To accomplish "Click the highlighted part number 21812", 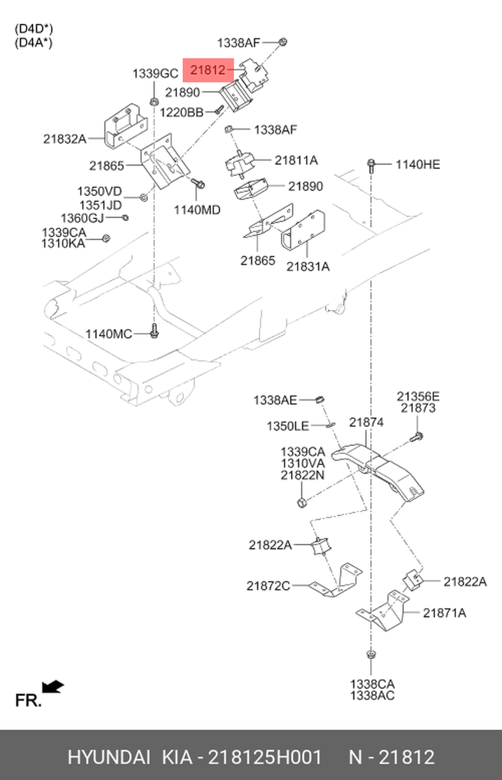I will pyautogui.click(x=208, y=70).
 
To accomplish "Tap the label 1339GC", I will pyautogui.click(x=155, y=74).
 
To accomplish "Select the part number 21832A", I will pyautogui.click(x=65, y=139).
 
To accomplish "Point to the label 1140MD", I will pyautogui.click(x=197, y=210).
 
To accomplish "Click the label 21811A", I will pyautogui.click(x=296, y=160).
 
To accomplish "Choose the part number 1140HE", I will pyautogui.click(x=418, y=164).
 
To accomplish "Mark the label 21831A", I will pyautogui.click(x=308, y=267).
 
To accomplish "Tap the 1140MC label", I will pyautogui.click(x=108, y=334).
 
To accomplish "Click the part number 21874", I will pyautogui.click(x=366, y=422).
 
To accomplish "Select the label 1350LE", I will pyautogui.click(x=288, y=426).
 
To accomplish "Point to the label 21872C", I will pyautogui.click(x=268, y=585).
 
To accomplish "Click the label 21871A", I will pyautogui.click(x=444, y=613).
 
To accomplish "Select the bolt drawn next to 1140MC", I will pyautogui.click(x=154, y=331).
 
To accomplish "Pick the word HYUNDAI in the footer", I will pyautogui.click(x=109, y=757).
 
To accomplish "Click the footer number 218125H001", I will pyautogui.click(x=265, y=757).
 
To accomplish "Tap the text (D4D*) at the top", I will pyautogui.click(x=34, y=29).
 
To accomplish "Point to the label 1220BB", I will pyautogui.click(x=181, y=112).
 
